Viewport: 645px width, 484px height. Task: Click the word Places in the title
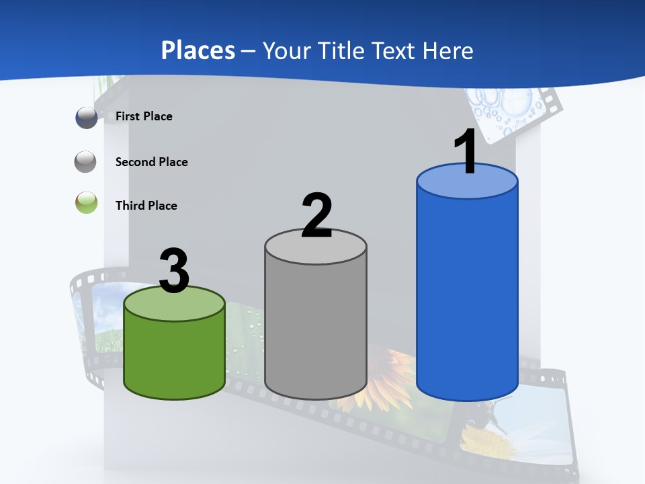198,50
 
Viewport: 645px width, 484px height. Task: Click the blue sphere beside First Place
87,118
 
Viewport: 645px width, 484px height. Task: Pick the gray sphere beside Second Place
86,162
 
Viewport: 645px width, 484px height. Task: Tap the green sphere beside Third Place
87,203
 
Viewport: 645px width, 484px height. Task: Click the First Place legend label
144,116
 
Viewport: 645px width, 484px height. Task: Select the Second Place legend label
151,162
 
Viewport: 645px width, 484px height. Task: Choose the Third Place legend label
146,206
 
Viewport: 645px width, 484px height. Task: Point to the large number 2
316,216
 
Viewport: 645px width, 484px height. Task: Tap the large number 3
174,272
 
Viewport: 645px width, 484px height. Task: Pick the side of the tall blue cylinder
467,296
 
